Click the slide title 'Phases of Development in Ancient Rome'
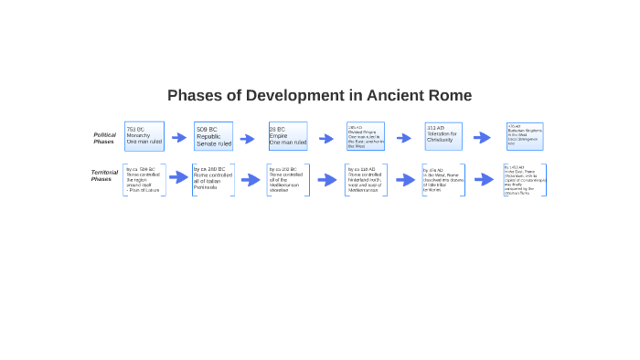(x=319, y=95)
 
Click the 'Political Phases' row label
(x=104, y=138)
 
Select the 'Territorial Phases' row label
(x=103, y=175)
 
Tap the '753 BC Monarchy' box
(x=144, y=136)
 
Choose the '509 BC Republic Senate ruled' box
(x=213, y=136)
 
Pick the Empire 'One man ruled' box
(x=288, y=136)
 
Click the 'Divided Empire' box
(x=366, y=136)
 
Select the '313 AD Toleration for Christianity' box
(x=443, y=136)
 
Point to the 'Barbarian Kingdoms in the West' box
(x=525, y=136)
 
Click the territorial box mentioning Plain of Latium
(x=144, y=180)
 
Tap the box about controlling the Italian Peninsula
(x=213, y=180)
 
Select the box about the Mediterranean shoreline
(x=288, y=180)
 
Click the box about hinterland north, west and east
(x=366, y=180)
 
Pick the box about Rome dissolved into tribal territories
(x=443, y=180)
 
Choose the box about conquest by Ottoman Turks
(x=525, y=180)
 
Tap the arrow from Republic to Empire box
(x=247, y=139)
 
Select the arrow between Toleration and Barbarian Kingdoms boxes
(x=482, y=138)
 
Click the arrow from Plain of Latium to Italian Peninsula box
(x=178, y=178)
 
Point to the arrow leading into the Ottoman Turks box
(x=484, y=180)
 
